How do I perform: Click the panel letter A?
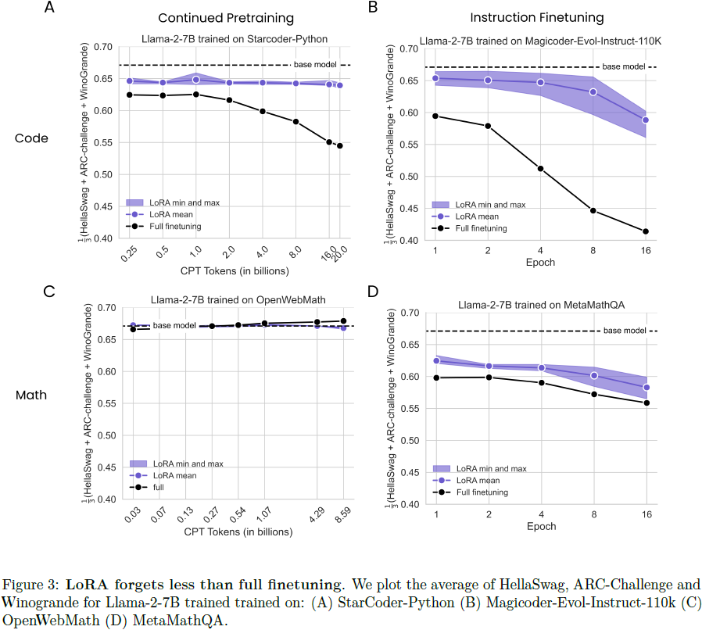(x=50, y=9)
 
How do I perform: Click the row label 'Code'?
(x=32, y=138)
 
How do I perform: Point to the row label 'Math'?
(x=32, y=395)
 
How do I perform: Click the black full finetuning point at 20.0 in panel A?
(x=339, y=145)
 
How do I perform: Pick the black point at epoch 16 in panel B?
(x=646, y=231)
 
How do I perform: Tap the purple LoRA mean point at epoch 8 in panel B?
(x=593, y=92)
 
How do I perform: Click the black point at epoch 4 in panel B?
(x=540, y=169)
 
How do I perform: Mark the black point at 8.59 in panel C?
(x=343, y=320)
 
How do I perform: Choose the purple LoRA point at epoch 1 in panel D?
(x=435, y=361)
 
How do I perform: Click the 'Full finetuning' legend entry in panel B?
(x=480, y=228)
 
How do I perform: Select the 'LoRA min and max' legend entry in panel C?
(x=187, y=464)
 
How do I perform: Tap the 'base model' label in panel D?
(x=625, y=331)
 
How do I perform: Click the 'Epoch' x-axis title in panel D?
(x=540, y=526)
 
